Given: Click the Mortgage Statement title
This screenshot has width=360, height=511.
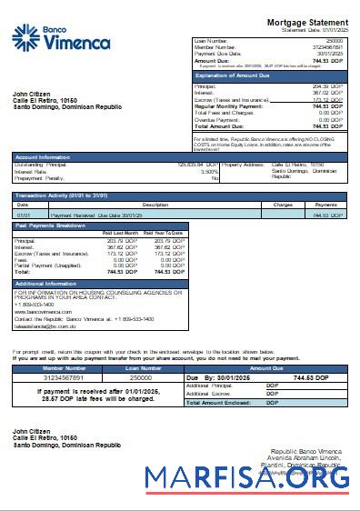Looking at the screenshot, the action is pyautogui.click(x=306, y=22).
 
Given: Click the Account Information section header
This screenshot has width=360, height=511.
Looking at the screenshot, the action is pyautogui.click(x=45, y=156).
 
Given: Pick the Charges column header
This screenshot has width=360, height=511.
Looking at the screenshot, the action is pyautogui.click(x=282, y=205).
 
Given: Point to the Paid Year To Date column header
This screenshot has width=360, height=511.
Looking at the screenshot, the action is pyautogui.click(x=165, y=233).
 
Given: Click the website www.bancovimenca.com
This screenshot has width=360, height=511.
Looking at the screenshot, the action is pyautogui.click(x=44, y=311).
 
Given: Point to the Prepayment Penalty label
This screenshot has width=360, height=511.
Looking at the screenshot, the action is pyautogui.click(x=37, y=178).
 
